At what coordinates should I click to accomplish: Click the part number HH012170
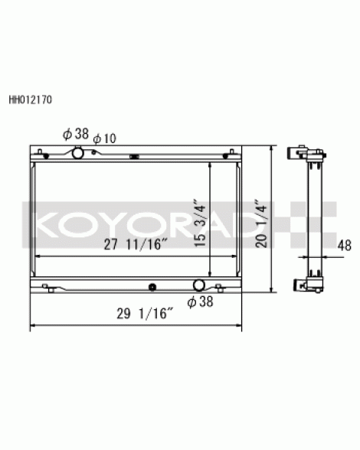[31, 99]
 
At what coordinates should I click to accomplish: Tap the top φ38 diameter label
[76, 134]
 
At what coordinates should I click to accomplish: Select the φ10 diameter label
[105, 139]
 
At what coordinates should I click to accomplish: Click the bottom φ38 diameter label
[200, 302]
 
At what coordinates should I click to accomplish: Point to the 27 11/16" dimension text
[136, 245]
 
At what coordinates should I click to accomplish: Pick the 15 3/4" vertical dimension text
[200, 223]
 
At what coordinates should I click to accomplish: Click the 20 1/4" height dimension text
[261, 223]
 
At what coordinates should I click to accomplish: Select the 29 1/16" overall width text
[145, 314]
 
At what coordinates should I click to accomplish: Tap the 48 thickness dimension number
[344, 246]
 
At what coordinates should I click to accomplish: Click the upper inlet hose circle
[77, 153]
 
